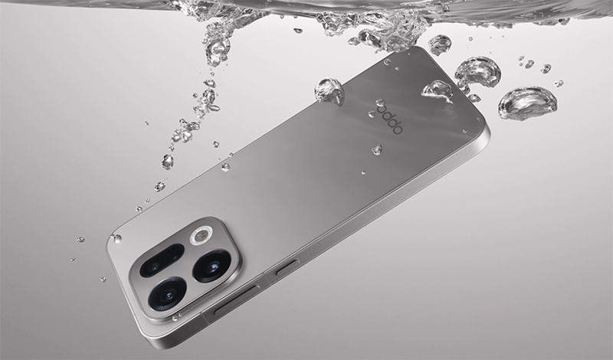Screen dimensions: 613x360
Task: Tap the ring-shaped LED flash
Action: pos(202,235)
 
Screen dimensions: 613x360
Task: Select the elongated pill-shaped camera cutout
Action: pos(162,260)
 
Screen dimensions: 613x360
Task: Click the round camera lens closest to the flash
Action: pos(212,266)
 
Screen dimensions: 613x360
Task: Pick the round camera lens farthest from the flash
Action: pos(167,294)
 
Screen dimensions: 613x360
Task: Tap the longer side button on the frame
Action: pos(237,300)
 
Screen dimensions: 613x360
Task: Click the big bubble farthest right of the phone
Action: pos(527,103)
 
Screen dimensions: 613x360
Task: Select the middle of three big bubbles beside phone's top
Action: pos(477,72)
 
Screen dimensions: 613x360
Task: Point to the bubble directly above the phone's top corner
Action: pos(440,44)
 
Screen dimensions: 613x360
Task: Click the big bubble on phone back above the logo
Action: pos(437,91)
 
